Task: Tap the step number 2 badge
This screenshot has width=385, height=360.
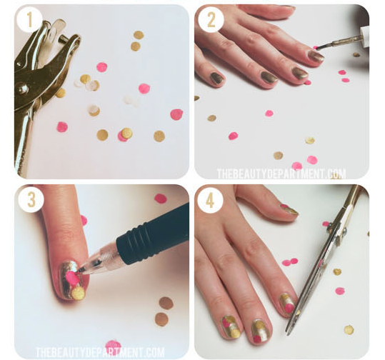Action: pyautogui.click(x=211, y=20)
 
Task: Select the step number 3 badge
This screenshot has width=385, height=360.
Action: pyautogui.click(x=30, y=200)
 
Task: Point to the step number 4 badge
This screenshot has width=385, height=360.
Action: pyautogui.click(x=211, y=200)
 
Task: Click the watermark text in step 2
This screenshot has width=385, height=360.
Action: pyautogui.click(x=281, y=174)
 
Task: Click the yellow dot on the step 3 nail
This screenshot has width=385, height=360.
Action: pyautogui.click(x=78, y=293)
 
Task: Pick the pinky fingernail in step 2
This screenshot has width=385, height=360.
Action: pyautogui.click(x=216, y=79)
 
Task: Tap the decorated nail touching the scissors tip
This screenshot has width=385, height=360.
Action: pyautogui.click(x=287, y=303)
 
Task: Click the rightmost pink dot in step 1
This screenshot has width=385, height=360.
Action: pyautogui.click(x=176, y=114)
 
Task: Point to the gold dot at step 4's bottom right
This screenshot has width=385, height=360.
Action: pyautogui.click(x=349, y=330)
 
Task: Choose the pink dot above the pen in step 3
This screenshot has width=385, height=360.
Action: pyautogui.click(x=161, y=199)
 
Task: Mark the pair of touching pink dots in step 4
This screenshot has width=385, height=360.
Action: pyautogui.click(x=290, y=262)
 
